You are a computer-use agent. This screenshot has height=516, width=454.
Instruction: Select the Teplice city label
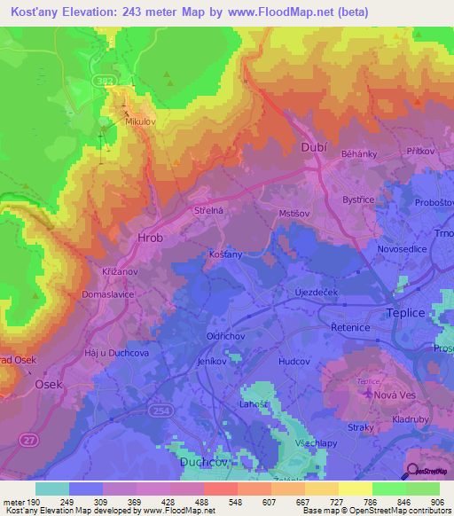(406, 313)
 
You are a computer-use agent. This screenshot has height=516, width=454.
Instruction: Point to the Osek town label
(48, 385)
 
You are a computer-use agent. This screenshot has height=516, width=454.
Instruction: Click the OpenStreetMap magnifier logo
(412, 470)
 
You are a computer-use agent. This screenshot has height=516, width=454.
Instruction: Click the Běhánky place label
(360, 154)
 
